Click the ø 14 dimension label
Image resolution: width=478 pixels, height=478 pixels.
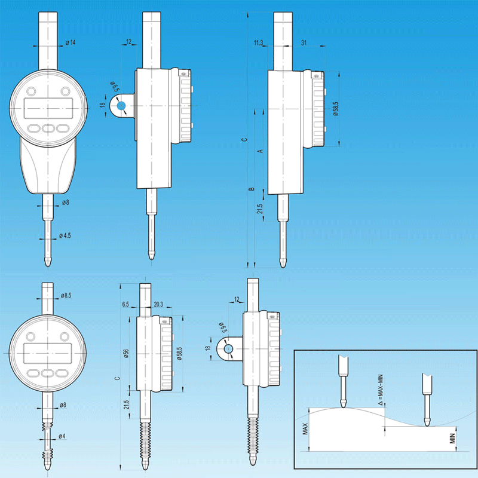[71, 42]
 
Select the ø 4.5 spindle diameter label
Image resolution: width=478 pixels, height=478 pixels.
[65, 235]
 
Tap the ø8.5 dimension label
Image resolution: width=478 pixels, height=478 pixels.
[66, 295]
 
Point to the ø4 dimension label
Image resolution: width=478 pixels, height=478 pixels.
[62, 436]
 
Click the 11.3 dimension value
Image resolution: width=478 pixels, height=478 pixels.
[258, 42]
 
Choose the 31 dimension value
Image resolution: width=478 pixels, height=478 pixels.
[304, 42]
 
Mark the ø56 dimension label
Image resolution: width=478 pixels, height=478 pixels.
[127, 353]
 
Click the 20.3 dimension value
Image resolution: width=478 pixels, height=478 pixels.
[158, 304]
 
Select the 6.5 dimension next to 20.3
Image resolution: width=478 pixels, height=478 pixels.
[125, 304]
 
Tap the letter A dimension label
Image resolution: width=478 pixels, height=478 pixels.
[261, 151]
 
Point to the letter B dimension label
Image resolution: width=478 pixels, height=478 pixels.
[252, 189]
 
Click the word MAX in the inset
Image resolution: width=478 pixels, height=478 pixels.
[305, 429]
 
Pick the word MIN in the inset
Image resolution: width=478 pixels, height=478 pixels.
[452, 439]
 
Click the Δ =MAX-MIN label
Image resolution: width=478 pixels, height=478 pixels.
[380, 391]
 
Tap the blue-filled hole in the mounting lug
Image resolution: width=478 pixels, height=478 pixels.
[121, 106]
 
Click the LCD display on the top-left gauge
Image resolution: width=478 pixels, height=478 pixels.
[48, 109]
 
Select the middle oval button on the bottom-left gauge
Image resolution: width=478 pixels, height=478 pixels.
[48, 373]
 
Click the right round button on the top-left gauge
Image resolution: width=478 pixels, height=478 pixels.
[65, 91]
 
